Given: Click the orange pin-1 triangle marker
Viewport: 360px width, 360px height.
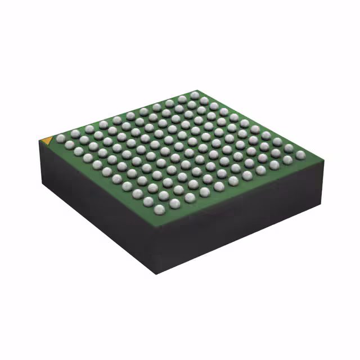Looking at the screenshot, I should tap(47, 138).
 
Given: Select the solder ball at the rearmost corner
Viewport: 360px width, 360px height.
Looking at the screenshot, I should tap(195, 94).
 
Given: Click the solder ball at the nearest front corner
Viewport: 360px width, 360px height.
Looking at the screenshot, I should tap(160, 209).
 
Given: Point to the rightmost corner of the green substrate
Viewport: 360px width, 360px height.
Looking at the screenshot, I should tap(321, 157).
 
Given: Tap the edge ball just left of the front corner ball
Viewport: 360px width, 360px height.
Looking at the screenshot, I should tap(148, 201).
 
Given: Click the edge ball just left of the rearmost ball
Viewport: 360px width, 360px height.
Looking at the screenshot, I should tap(182, 99).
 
